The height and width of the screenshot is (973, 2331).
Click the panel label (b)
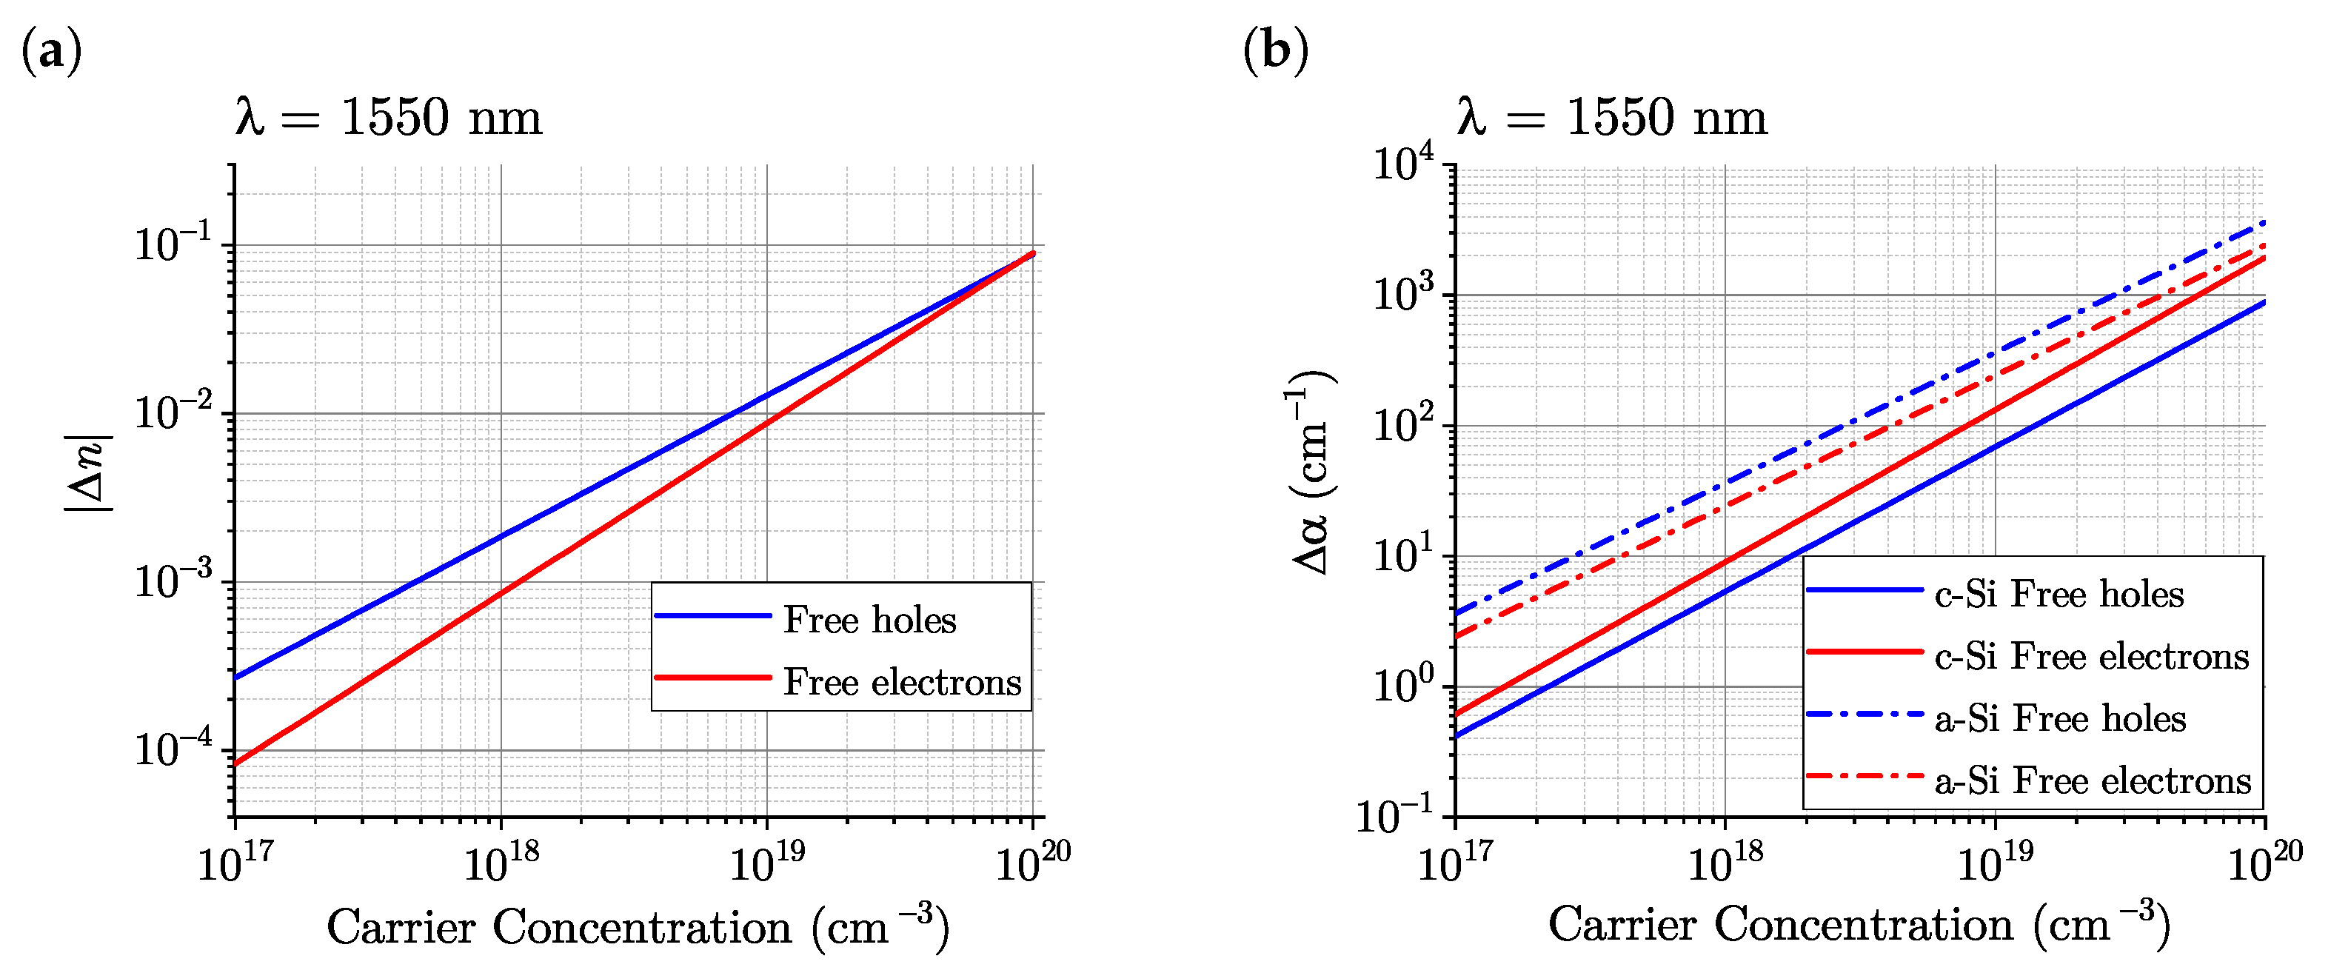click(x=1275, y=50)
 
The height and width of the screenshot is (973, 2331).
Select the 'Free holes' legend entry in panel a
click(x=869, y=620)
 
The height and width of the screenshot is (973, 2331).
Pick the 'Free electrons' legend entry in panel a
click(x=901, y=681)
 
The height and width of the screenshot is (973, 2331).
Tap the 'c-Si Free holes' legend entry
click(x=2059, y=595)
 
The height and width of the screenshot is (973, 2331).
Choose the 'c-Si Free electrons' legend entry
click(x=2091, y=656)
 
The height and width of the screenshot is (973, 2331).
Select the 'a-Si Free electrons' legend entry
click(x=2092, y=780)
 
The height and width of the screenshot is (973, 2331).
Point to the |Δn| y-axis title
click(x=89, y=473)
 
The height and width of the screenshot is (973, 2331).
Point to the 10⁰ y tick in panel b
click(x=1402, y=685)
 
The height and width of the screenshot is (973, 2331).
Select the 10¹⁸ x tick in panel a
click(x=501, y=863)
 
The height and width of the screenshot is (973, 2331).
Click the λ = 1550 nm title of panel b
click(x=1611, y=118)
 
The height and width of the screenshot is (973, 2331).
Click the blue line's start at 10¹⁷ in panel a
click(x=235, y=677)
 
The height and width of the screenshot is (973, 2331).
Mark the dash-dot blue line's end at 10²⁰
click(x=2263, y=221)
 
